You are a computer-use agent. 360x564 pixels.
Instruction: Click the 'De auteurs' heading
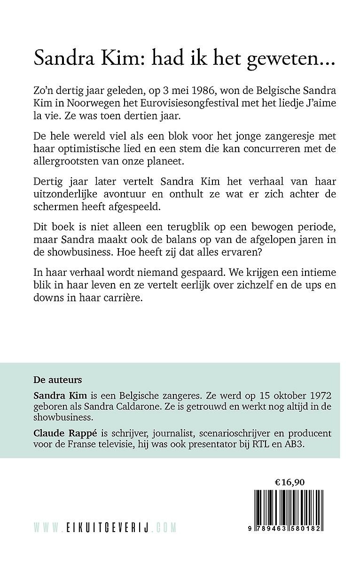pyautogui.click(x=52, y=380)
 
